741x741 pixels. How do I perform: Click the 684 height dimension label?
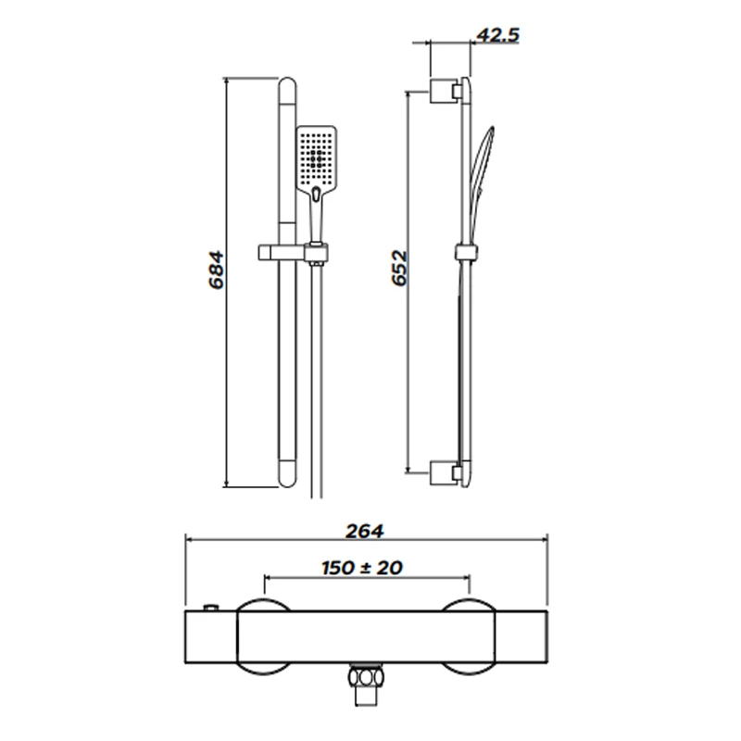tap(216, 270)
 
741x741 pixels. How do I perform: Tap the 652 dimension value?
tap(399, 268)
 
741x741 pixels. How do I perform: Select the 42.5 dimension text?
tap(497, 35)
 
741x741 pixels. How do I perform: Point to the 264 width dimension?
tap(364, 531)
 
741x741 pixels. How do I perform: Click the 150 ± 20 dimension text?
tap(362, 568)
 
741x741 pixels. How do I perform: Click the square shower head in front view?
tap(317, 156)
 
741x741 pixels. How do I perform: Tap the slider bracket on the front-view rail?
tap(293, 253)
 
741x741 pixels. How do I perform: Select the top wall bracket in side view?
tap(446, 91)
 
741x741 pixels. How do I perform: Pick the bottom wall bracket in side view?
tap(446, 472)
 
